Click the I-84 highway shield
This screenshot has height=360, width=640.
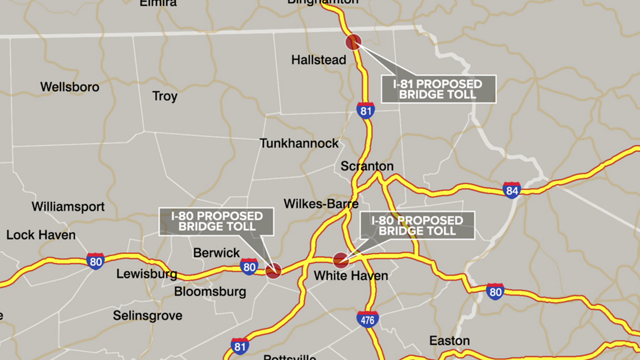(x=511, y=190)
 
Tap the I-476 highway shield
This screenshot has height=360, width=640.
(x=368, y=320)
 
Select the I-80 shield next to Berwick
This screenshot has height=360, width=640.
(x=249, y=267)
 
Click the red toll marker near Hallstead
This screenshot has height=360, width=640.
(x=353, y=42)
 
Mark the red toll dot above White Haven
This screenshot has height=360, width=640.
(x=340, y=260)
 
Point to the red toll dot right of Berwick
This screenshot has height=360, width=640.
(x=273, y=271)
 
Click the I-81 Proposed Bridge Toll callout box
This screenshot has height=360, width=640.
(x=438, y=89)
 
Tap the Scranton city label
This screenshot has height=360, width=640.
(x=367, y=167)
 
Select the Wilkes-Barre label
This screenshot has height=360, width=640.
(x=321, y=203)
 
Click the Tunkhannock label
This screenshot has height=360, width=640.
(x=299, y=143)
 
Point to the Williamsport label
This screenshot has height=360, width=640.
(x=68, y=207)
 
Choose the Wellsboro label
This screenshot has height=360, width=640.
(x=70, y=87)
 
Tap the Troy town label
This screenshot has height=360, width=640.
(x=165, y=97)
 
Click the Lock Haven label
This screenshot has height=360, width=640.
(x=41, y=235)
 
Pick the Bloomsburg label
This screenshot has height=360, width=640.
(x=210, y=291)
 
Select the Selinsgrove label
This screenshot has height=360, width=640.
(x=148, y=316)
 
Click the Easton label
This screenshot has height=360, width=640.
(x=449, y=341)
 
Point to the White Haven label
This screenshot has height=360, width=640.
(x=351, y=276)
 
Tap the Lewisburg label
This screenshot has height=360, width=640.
(x=147, y=275)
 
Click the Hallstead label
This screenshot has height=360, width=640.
(x=318, y=60)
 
